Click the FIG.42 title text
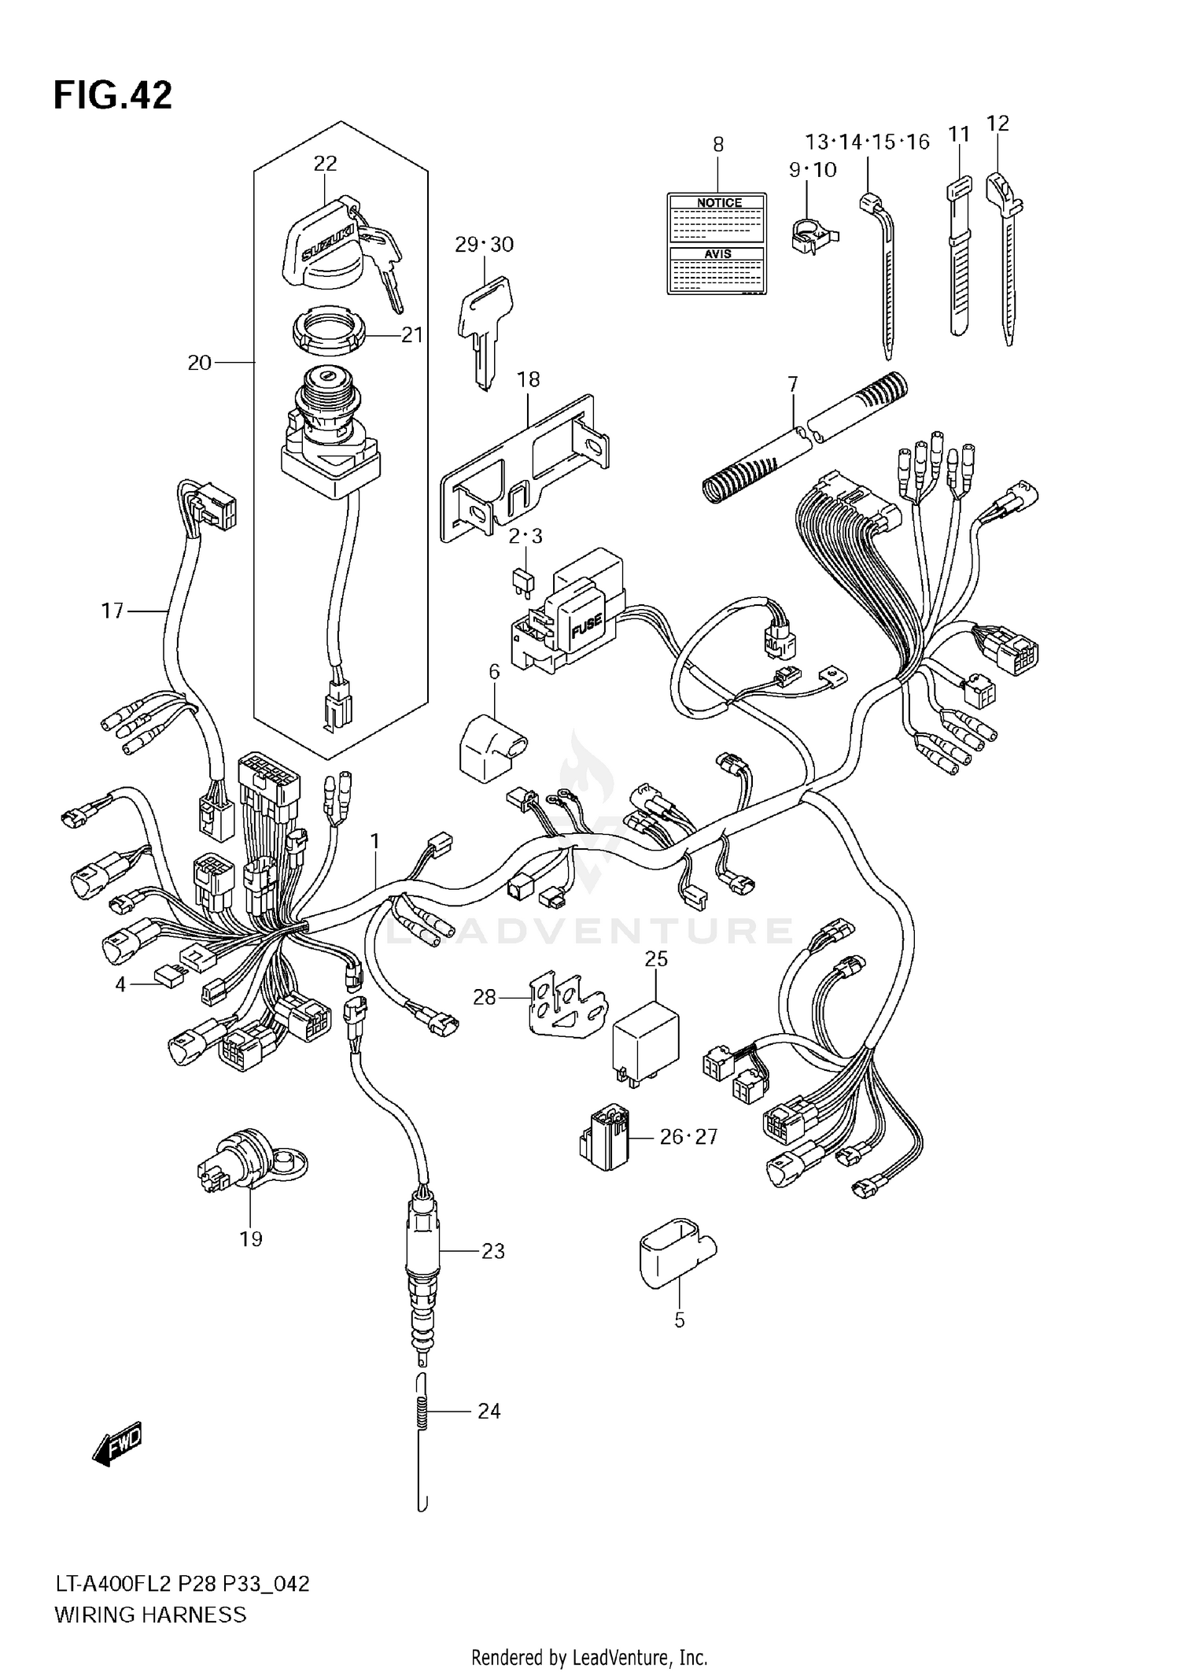112,96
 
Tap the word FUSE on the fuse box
585,626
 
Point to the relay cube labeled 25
645,1038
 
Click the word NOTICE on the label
719,203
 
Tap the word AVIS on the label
717,254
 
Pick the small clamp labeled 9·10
811,233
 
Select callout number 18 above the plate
528,379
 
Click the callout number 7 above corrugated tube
792,384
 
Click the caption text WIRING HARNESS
149,1615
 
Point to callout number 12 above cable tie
997,124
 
